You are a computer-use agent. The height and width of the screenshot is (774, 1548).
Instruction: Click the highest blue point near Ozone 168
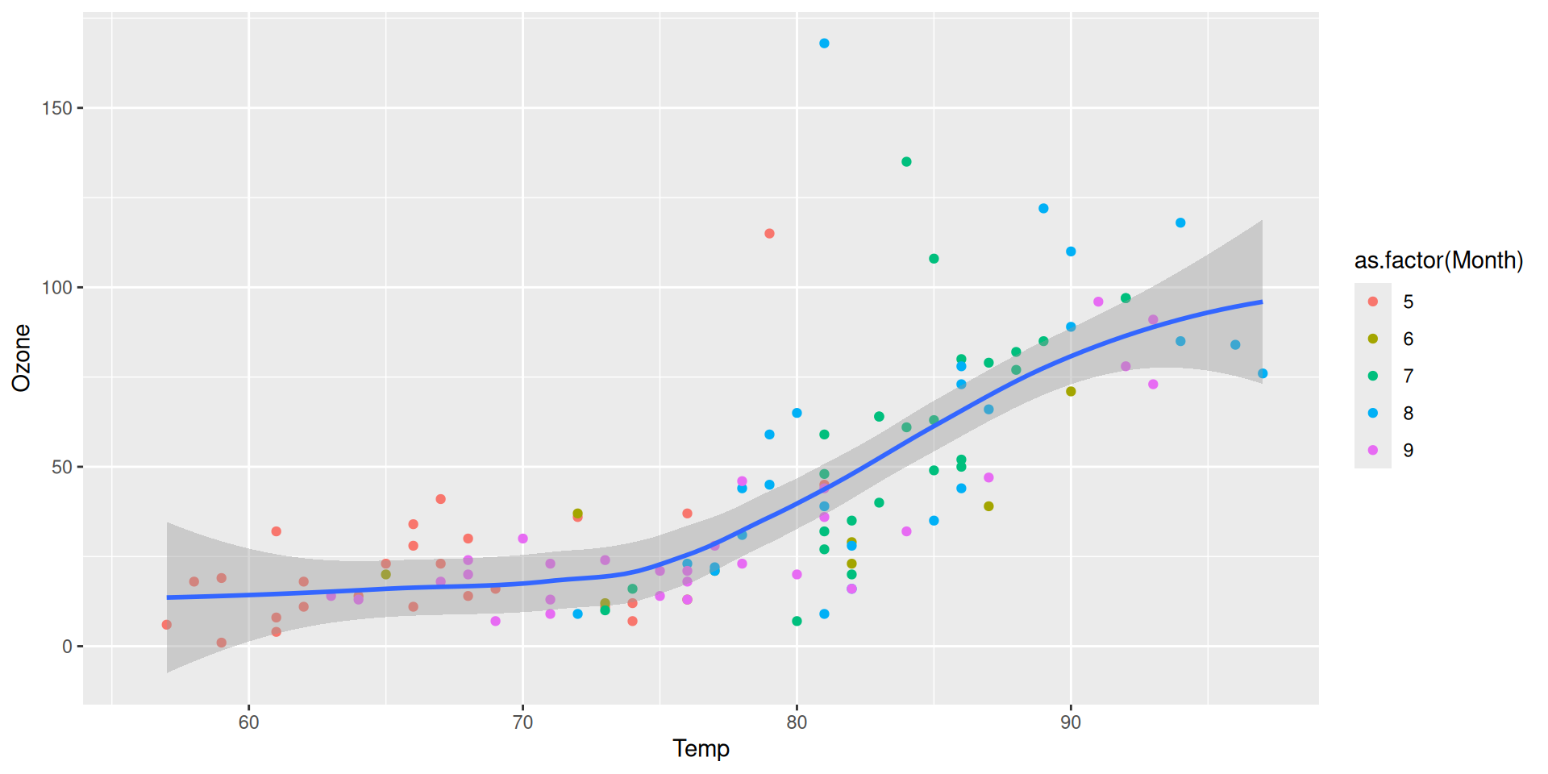point(824,44)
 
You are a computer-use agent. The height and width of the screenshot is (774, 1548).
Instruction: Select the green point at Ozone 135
point(906,162)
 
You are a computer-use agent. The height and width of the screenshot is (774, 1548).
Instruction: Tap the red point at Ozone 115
point(769,234)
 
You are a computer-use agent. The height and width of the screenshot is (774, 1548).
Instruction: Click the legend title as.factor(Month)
point(1438,260)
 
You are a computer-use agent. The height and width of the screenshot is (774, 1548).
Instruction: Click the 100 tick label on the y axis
point(57,288)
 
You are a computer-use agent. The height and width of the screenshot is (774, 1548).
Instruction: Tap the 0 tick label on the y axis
point(67,647)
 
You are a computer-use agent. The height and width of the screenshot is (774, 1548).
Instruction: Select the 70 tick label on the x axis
point(522,722)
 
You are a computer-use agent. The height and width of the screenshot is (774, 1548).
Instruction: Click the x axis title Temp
point(701,749)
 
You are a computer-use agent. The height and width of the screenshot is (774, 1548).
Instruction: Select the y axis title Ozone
point(21,358)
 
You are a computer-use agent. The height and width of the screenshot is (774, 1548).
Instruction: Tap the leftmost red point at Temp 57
point(167,625)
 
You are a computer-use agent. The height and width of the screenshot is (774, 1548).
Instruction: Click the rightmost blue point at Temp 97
point(1263,373)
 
